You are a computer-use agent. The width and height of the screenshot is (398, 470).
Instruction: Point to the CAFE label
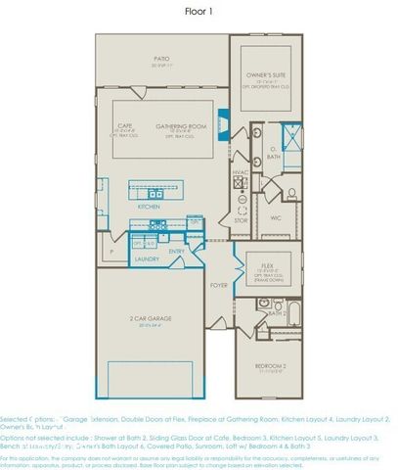tap(125, 126)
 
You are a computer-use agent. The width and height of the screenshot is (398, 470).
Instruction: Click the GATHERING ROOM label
tap(179, 126)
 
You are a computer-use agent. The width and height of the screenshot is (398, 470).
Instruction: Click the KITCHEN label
tap(149, 208)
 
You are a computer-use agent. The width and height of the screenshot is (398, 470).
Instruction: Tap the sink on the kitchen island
tap(156, 191)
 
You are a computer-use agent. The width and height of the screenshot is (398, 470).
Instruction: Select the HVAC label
tap(242, 172)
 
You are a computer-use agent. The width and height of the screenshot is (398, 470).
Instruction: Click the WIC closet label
tap(276, 217)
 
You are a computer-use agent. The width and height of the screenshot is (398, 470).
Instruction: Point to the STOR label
tap(241, 221)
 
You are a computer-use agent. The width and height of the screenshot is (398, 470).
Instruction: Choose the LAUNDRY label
tap(147, 258)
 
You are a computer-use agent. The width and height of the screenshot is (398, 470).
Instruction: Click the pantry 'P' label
tap(113, 252)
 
